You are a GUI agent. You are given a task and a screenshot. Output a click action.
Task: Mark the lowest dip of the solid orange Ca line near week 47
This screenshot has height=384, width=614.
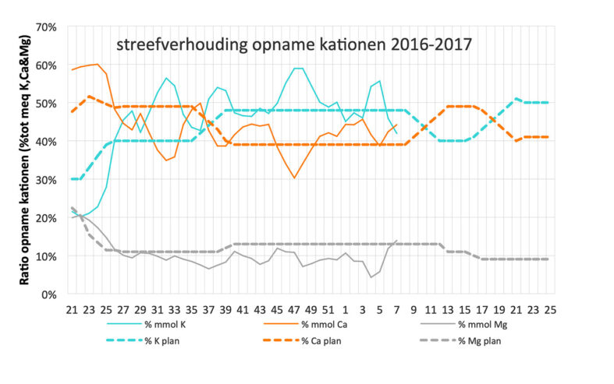click(294, 178)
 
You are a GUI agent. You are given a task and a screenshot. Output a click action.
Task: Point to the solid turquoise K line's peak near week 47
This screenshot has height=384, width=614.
click(297, 69)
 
